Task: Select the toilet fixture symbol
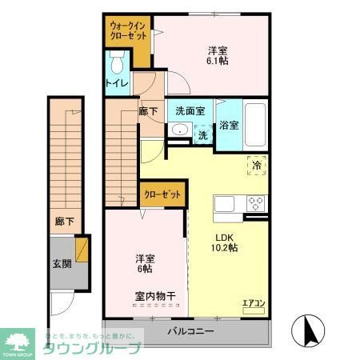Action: click(x=118, y=62)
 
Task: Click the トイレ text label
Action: click(x=117, y=83)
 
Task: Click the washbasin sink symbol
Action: click(x=179, y=133)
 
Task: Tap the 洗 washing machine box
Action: click(x=203, y=135)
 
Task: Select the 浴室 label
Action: click(x=229, y=125)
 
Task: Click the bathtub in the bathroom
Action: click(x=255, y=125)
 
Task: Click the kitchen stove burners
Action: click(x=256, y=202)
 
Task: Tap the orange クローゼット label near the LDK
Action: click(x=163, y=194)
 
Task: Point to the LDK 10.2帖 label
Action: click(x=226, y=242)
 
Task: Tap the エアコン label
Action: click(x=254, y=302)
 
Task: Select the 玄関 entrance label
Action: click(x=62, y=263)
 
